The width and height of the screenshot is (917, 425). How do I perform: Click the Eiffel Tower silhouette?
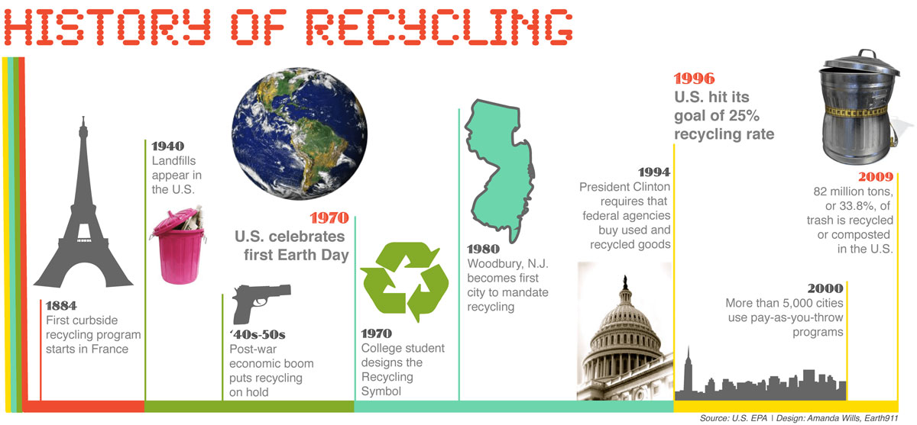pyautogui.click(x=79, y=214)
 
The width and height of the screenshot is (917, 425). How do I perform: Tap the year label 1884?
pyautogui.click(x=60, y=306)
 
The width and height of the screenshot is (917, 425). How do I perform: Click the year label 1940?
pyautogui.click(x=168, y=146)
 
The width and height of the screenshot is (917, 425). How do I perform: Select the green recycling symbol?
pyautogui.click(x=404, y=282)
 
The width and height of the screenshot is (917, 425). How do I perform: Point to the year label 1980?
pyautogui.click(x=483, y=249)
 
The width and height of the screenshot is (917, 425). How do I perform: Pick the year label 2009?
pyautogui.click(x=876, y=178)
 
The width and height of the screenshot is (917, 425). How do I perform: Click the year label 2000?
pyautogui.click(x=825, y=288)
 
